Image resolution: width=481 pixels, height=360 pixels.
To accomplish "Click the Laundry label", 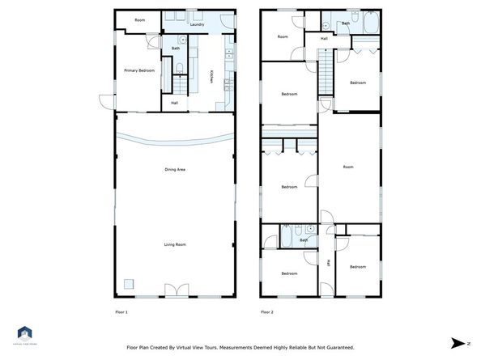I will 195,24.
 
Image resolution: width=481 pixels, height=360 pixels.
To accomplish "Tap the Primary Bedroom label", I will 139,70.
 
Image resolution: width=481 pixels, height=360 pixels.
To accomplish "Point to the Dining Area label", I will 176,169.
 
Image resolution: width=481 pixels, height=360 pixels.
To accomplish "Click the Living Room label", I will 176,244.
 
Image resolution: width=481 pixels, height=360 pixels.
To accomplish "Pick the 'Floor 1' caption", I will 121,311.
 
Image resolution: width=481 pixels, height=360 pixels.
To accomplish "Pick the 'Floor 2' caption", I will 267,311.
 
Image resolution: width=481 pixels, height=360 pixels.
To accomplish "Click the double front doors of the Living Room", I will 175,290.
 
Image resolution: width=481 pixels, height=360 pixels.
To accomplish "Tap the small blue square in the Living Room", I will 128,282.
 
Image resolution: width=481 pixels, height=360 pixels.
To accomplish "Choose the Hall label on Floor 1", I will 174,103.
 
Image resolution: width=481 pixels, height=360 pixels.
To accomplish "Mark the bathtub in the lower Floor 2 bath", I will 289,237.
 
